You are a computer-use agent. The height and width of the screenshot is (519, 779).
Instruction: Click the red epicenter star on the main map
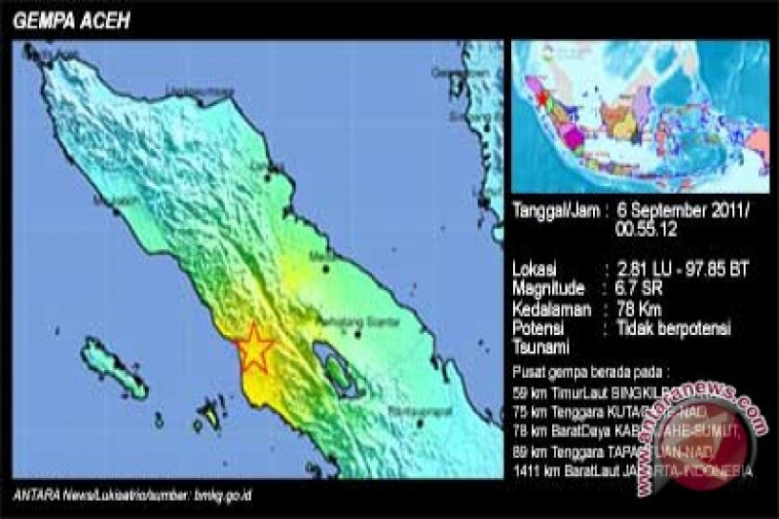[255, 347]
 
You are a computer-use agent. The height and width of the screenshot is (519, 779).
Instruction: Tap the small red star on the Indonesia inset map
[541, 97]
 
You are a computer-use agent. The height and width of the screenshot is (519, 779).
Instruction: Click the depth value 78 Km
[638, 309]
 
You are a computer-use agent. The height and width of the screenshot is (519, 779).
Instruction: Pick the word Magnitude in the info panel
[549, 288]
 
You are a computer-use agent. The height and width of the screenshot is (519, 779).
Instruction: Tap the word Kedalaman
[550, 309]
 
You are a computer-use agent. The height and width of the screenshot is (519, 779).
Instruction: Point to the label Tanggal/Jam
[554, 209]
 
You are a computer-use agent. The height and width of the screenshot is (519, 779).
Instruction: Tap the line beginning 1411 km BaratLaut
[632, 471]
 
